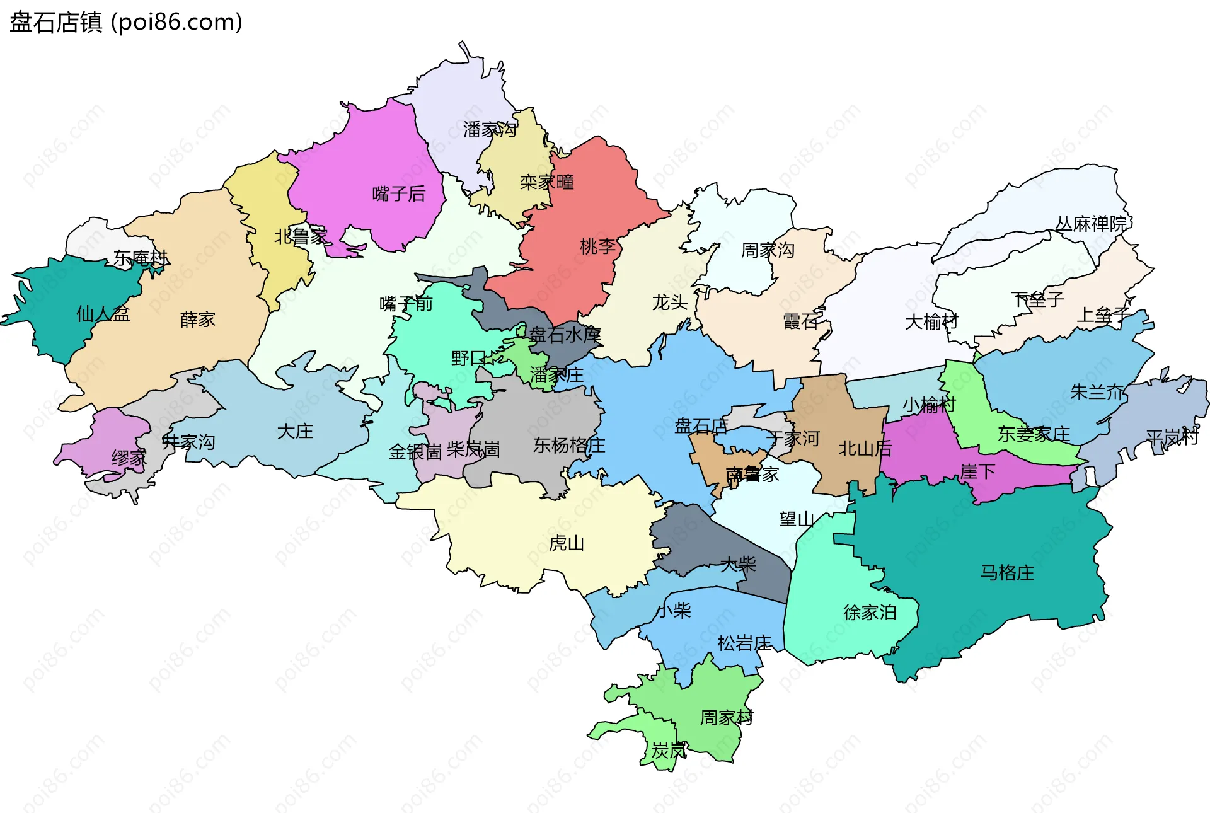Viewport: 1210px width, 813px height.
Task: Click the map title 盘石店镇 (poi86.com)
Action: coord(126,23)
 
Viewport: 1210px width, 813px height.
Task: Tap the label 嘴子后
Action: coord(399,193)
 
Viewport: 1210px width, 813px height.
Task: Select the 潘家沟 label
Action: coord(490,130)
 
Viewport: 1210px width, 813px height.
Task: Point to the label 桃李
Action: coord(597,246)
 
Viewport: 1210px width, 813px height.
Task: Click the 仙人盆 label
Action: coord(103,313)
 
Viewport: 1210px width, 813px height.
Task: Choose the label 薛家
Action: coord(198,320)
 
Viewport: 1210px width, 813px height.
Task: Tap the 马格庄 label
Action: coord(1007,572)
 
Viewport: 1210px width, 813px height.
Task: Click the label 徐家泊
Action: coord(870,612)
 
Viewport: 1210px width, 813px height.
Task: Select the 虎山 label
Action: coord(567,543)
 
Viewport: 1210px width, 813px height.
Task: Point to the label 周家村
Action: coord(727,717)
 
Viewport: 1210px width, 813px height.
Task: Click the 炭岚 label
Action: coord(669,751)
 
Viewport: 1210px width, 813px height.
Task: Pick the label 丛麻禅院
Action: coord(1092,224)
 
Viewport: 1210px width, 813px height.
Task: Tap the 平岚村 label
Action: coord(1172,437)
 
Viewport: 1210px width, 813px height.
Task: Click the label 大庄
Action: coord(295,432)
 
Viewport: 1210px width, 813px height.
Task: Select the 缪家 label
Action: coord(129,458)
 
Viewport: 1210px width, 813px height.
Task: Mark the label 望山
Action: coord(797,519)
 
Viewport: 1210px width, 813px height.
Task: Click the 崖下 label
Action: coord(977,471)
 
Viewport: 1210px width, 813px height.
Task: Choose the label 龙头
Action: coord(669,303)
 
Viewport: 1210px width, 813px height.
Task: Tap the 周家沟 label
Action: coord(767,250)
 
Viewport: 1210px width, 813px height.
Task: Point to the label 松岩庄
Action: coord(744,643)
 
